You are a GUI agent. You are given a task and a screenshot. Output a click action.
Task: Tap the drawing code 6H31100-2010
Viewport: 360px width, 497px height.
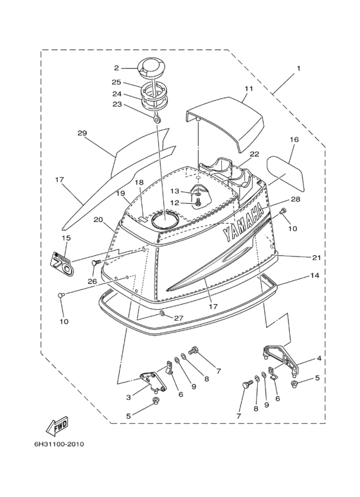(55, 444)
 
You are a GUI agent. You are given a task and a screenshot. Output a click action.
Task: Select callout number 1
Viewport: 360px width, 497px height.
(298, 68)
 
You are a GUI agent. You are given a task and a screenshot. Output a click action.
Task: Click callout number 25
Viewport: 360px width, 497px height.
(116, 82)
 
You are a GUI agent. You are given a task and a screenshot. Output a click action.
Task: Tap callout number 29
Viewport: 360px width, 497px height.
(82, 133)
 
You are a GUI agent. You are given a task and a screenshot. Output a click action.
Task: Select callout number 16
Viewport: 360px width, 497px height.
(294, 139)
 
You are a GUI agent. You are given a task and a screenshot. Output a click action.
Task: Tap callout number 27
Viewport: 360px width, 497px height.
(179, 318)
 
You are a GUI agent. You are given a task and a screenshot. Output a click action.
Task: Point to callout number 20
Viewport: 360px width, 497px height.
(98, 220)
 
